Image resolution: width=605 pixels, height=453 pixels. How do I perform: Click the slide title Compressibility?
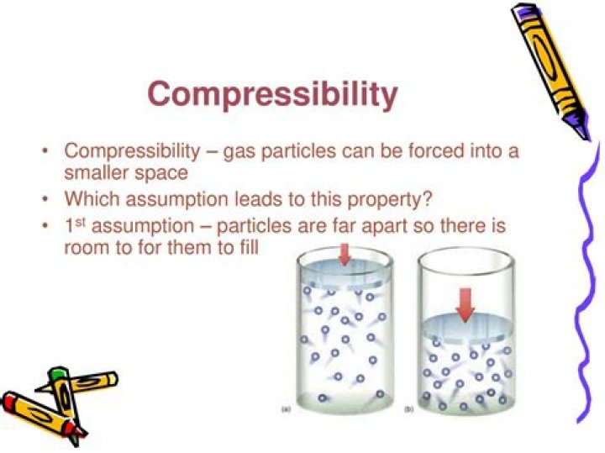tap(272, 94)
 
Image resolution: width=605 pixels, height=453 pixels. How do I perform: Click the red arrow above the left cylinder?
tap(344, 253)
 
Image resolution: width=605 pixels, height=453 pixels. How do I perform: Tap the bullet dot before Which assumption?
tap(45, 201)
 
